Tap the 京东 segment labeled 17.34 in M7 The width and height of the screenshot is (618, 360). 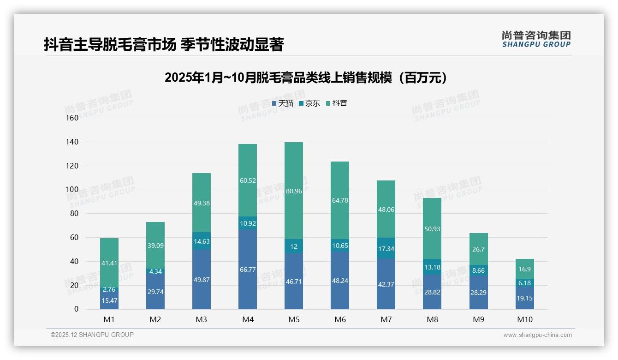[x=386, y=248]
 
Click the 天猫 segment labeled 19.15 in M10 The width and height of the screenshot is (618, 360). [x=524, y=298]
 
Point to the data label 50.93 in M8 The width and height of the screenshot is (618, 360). [x=432, y=229]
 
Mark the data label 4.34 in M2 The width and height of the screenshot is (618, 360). [x=155, y=271]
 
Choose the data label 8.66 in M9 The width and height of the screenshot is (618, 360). [x=478, y=271]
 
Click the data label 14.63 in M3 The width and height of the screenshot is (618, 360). [x=202, y=241]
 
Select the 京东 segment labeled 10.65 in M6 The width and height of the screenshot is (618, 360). [x=340, y=246]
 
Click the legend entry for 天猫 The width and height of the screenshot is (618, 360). [x=283, y=103]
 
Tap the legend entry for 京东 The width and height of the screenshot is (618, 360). [x=309, y=103]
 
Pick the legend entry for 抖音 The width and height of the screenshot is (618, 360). [x=337, y=103]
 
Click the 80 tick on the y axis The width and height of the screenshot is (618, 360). [x=74, y=214]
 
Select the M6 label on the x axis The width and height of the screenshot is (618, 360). [x=340, y=319]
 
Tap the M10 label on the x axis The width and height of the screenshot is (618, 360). [x=524, y=319]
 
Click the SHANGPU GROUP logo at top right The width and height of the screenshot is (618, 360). [x=536, y=39]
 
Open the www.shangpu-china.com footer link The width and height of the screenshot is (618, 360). [x=537, y=335]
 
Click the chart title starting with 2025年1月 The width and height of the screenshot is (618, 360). [x=306, y=78]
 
